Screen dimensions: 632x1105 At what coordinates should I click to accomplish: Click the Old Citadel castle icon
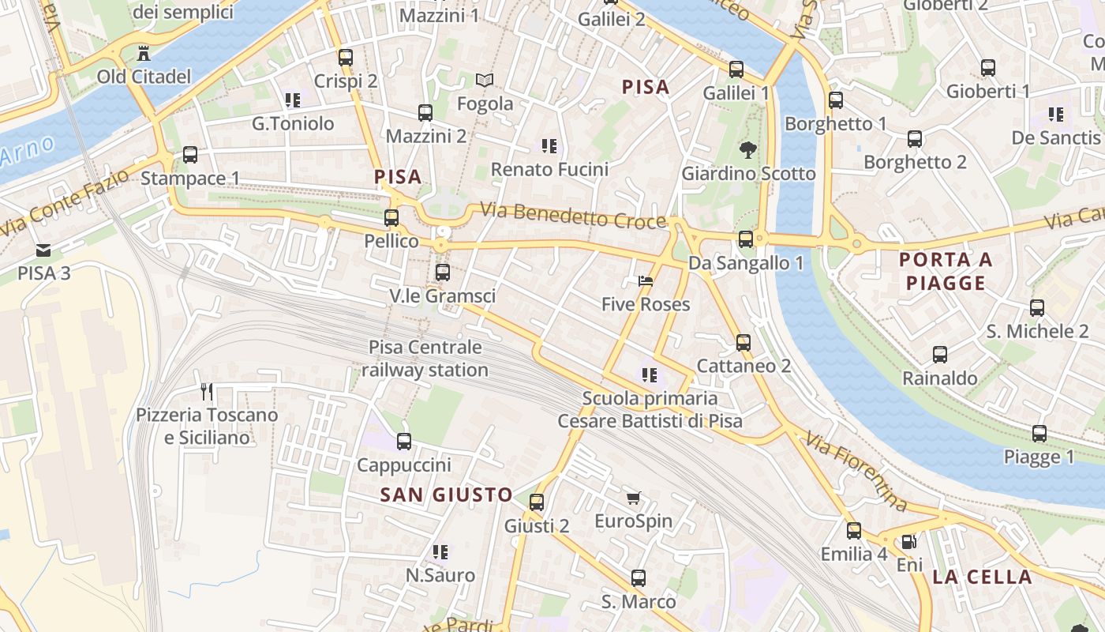click(144, 54)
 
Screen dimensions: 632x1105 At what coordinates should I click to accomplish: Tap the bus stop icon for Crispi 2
click(346, 58)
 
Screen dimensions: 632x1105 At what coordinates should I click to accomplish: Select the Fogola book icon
click(485, 81)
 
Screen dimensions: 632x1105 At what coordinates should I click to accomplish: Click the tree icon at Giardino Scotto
click(747, 149)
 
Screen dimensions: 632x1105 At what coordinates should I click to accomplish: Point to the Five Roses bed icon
click(646, 281)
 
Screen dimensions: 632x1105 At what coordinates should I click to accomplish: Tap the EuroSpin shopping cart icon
click(633, 498)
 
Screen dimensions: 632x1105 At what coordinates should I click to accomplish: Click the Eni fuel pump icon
click(909, 542)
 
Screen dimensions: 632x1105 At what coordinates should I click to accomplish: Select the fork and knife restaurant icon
click(207, 391)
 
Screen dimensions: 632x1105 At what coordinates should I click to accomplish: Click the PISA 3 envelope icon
click(44, 250)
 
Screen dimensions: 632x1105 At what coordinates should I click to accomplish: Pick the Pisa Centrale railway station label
click(425, 359)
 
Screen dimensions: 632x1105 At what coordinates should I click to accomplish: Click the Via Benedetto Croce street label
click(573, 216)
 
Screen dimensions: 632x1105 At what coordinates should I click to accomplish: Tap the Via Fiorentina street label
click(856, 471)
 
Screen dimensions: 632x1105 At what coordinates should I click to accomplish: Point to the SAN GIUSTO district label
click(446, 495)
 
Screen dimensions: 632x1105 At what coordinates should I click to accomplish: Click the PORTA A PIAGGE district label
click(946, 271)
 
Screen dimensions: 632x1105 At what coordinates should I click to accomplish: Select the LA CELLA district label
click(982, 577)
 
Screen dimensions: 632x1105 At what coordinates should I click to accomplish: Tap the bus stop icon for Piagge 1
click(1039, 434)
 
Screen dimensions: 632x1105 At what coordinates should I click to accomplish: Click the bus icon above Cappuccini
click(404, 442)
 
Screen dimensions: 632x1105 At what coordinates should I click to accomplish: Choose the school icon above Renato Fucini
click(549, 146)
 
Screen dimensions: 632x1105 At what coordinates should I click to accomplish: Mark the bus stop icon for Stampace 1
click(190, 155)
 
